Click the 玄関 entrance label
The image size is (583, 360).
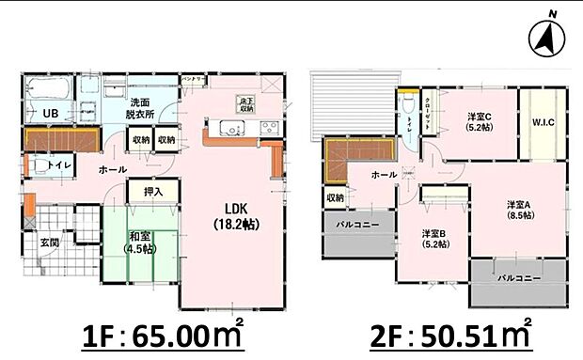click(x=50, y=243)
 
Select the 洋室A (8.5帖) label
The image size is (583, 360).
click(x=519, y=210)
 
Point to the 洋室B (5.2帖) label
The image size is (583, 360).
click(x=434, y=239)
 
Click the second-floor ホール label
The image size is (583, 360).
click(x=383, y=175)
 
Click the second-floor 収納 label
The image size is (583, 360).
click(x=335, y=198)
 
